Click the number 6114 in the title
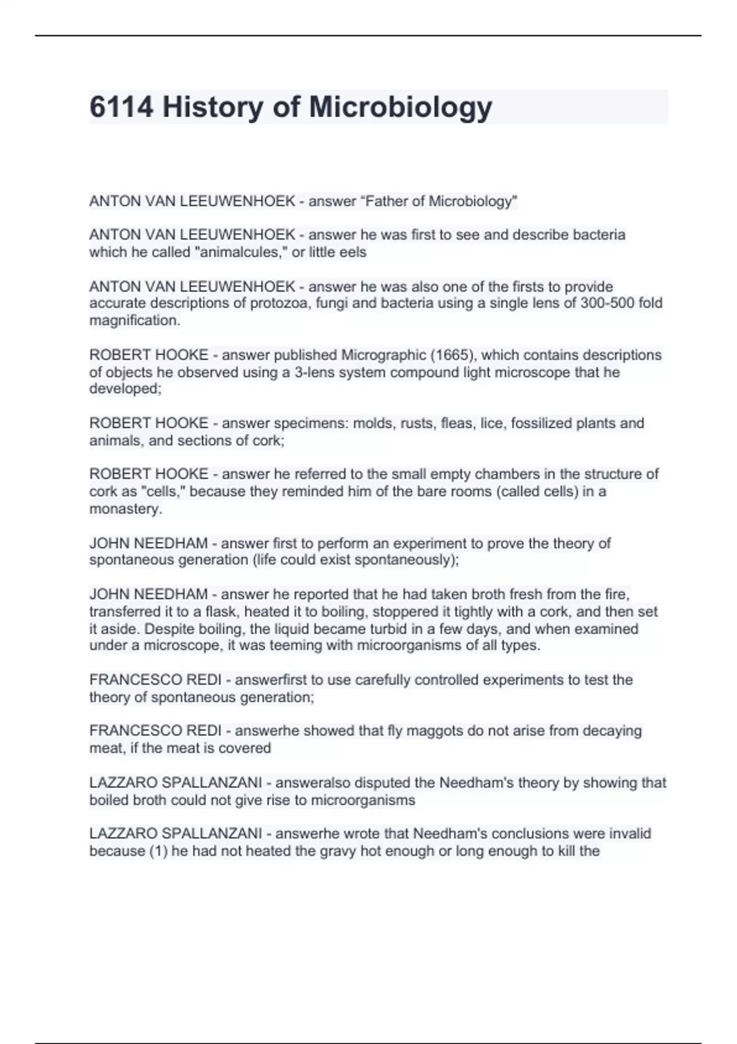(121, 107)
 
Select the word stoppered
(405, 612)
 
